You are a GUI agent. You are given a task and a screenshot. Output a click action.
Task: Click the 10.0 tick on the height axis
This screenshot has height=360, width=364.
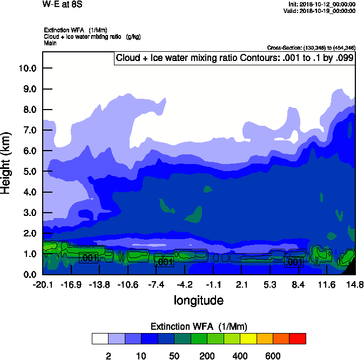pyautogui.click(x=27, y=68)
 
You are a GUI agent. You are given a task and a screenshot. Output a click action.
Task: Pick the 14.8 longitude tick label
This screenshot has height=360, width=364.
pyautogui.click(x=355, y=284)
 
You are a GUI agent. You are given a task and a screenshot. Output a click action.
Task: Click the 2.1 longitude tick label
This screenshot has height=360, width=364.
pyautogui.click(x=242, y=284)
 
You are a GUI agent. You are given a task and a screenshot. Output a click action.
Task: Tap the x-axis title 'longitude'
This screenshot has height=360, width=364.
pyautogui.click(x=198, y=300)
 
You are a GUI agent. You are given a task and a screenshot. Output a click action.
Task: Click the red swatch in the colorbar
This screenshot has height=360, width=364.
pyautogui.click(x=298, y=338)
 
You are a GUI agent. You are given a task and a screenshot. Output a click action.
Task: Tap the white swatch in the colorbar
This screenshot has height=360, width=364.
pyautogui.click(x=100, y=338)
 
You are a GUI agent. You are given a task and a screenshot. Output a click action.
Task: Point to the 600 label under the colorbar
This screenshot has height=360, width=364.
pyautogui.click(x=273, y=355)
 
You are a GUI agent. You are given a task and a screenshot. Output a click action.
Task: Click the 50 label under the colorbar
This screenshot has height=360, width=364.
pyautogui.click(x=174, y=355)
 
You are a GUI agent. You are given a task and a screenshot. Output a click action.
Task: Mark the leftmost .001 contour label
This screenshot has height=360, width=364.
pyautogui.click(x=88, y=258)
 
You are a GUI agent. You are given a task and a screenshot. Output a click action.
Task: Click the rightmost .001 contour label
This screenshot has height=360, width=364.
pyautogui.click(x=292, y=262)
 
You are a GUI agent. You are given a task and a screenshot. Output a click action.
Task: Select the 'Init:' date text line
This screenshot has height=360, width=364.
pyautogui.click(x=322, y=4)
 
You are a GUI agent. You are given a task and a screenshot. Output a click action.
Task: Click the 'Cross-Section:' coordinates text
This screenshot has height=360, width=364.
pyautogui.click(x=311, y=48)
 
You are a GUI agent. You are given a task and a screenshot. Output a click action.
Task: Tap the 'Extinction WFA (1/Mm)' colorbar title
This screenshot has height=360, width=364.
pyautogui.click(x=198, y=326)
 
